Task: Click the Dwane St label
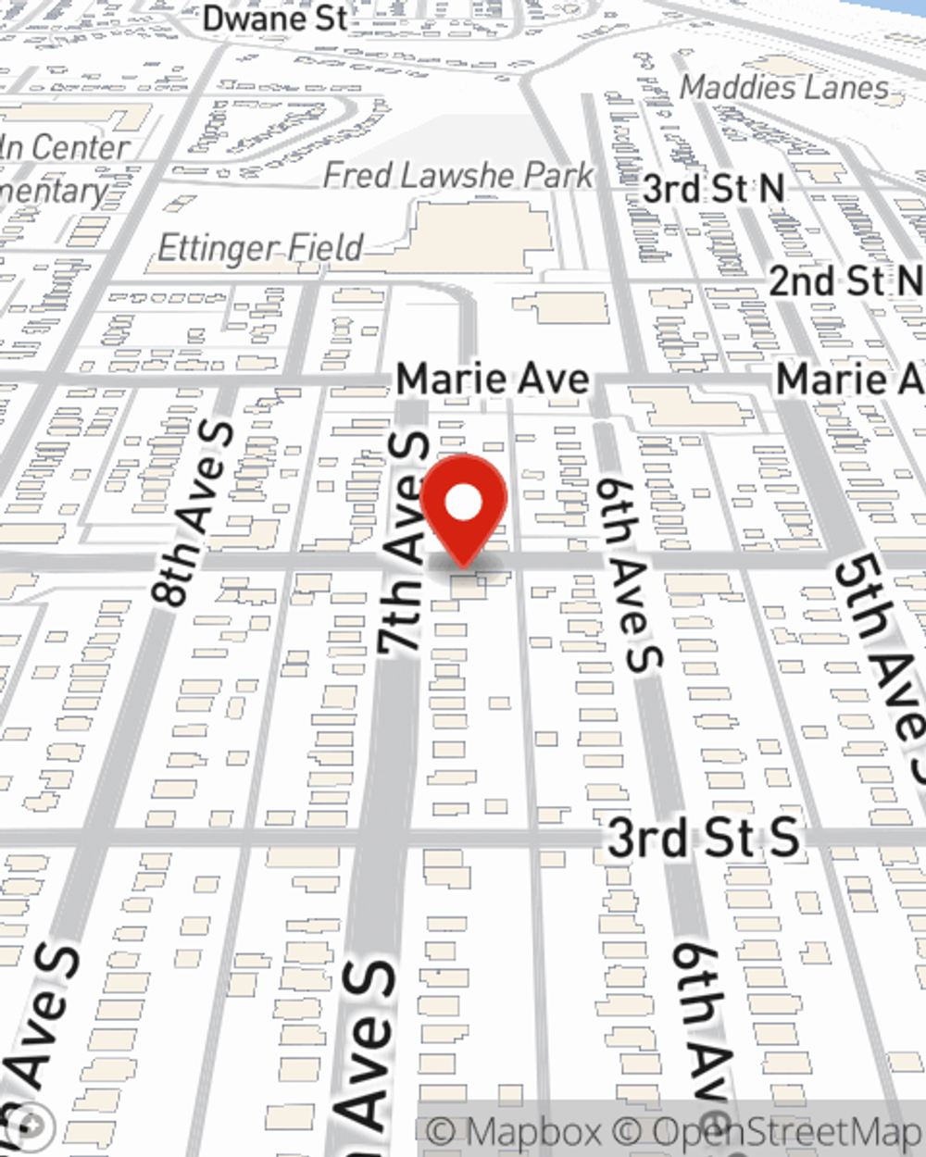[x=276, y=19]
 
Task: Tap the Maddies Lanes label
[x=784, y=88]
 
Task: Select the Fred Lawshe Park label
[x=458, y=175]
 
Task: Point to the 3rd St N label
[x=713, y=190]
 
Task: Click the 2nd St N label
[x=845, y=281]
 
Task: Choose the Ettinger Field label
[x=260, y=248]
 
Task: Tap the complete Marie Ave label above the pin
[x=492, y=379]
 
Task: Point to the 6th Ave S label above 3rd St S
[x=632, y=574]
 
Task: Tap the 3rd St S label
[x=703, y=838]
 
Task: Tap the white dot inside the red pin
[x=463, y=504]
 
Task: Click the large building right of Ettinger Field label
[x=482, y=236]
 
